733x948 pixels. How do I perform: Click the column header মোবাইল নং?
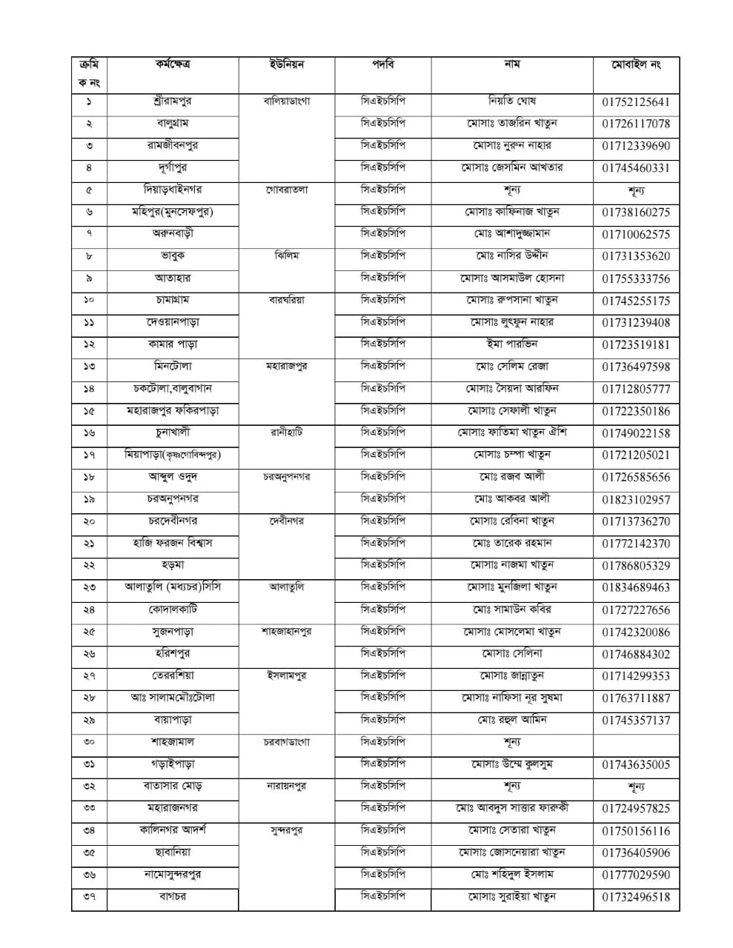coord(636,64)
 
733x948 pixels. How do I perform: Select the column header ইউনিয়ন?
coord(286,64)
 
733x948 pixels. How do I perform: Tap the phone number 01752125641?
coord(636,102)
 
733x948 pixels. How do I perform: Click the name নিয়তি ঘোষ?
coord(511,101)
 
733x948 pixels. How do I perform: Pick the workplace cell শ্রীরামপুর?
coord(172,101)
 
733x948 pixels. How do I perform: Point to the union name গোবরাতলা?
coord(286,190)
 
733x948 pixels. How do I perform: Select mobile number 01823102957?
coord(636,499)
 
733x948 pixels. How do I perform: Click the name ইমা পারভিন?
coord(511,344)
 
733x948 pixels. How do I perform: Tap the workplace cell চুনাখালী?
coord(172,432)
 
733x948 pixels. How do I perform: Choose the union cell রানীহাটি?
coord(286,432)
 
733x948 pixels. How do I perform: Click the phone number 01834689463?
coord(636,587)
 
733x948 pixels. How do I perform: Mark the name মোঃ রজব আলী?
coord(511,476)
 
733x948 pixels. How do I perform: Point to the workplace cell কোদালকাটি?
coord(172,609)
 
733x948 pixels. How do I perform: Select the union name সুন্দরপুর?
coord(286,830)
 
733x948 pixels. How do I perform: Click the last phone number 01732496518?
coord(636,897)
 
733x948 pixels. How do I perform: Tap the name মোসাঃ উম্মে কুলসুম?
coord(511,764)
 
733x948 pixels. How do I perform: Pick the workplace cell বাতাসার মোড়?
coord(172,786)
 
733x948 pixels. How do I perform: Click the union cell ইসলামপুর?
coord(286,675)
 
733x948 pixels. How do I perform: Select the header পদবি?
coord(382,64)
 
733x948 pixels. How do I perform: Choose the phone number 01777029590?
coord(636,875)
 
